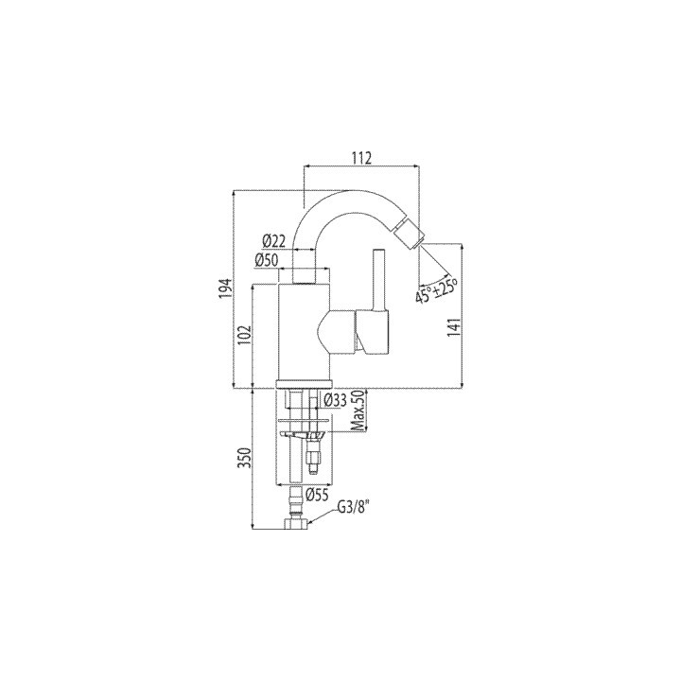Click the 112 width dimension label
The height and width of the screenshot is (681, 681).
point(361,157)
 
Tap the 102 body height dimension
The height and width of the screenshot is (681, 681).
point(246,335)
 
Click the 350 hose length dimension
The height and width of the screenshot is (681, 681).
point(246,458)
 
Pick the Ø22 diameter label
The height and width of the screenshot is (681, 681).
point(274,240)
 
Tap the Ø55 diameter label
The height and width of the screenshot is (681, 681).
point(317,495)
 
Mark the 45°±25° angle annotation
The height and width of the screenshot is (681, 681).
point(436,288)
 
